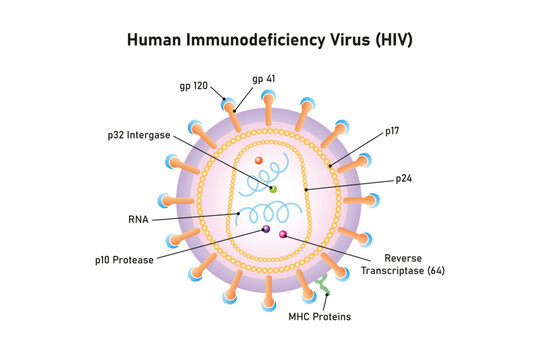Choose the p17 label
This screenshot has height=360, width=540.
[394, 131]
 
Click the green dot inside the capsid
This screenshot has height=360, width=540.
[272, 188]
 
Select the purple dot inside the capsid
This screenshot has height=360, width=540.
[266, 229]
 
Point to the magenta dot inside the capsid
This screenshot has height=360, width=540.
[283, 235]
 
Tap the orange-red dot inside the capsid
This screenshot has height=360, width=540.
[258, 160]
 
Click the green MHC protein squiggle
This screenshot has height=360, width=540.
[323, 291]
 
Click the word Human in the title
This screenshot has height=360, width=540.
[153, 42]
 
